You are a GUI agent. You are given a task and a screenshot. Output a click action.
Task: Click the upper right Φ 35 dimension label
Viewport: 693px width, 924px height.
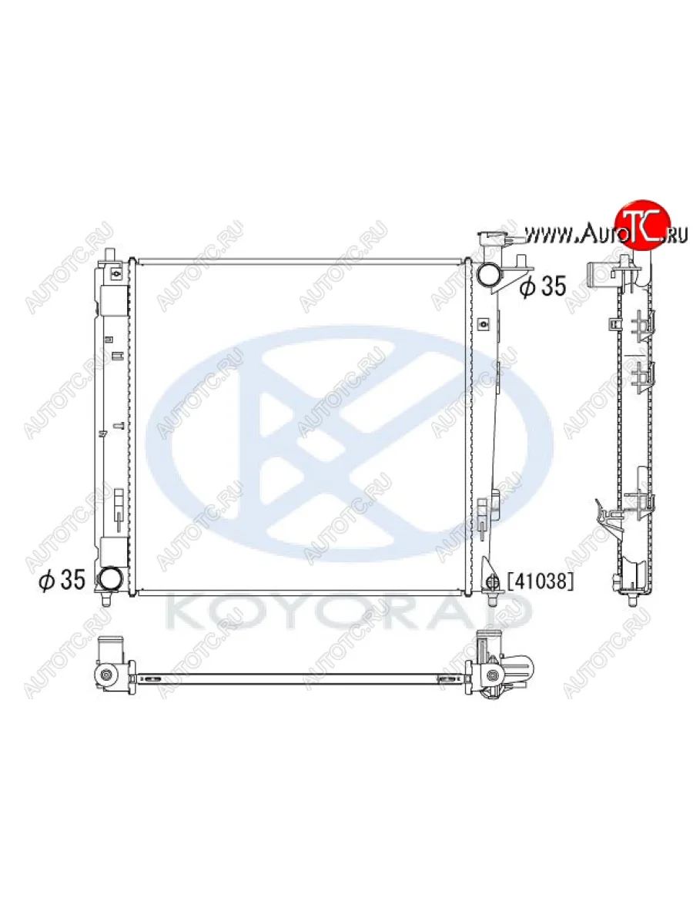tap(543, 287)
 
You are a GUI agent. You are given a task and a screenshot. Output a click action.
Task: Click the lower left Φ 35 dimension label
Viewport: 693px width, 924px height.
tap(62, 580)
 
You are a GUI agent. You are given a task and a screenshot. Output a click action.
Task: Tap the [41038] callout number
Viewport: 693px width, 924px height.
tap(541, 581)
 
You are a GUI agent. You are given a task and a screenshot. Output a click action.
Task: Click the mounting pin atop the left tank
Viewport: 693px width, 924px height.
tap(110, 255)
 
